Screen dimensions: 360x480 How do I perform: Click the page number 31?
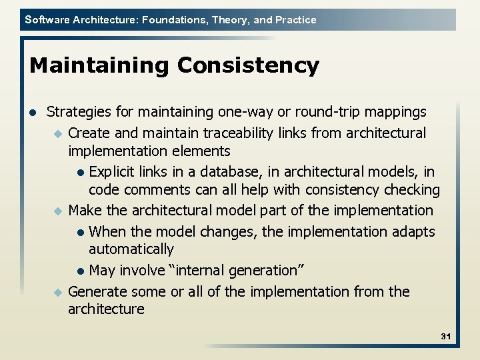pos(445,337)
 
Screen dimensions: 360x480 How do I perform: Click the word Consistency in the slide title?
pos(248,66)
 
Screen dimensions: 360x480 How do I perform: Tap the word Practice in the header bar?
pos(295,20)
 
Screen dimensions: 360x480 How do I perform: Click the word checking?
pos(411,190)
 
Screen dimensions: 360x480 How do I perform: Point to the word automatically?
pos(131,249)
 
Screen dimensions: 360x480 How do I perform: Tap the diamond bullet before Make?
pos(57,211)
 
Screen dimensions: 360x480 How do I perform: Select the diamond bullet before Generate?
pos(57,293)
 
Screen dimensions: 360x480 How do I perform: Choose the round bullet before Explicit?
pos(80,173)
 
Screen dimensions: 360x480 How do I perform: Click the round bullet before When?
pos(80,233)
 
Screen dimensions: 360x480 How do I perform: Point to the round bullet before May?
pos(80,271)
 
